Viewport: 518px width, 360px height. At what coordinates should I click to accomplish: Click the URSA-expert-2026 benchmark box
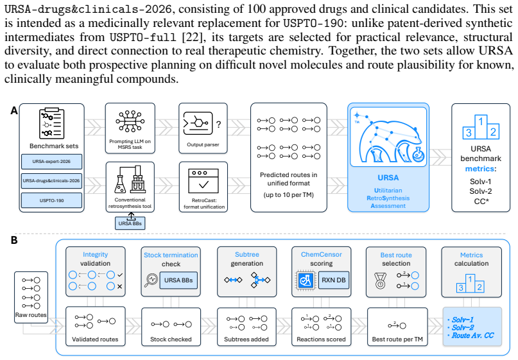[51, 162]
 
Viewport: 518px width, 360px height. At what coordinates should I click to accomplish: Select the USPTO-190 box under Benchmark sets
[51, 200]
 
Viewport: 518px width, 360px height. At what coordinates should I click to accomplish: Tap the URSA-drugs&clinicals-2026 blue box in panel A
[51, 181]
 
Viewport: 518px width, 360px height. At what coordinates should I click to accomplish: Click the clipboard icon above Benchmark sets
[51, 123]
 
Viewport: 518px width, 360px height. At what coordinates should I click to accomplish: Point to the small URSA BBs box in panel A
[130, 223]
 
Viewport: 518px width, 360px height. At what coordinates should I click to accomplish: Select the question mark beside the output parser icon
[218, 124]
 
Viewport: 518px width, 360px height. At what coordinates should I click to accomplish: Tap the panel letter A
[14, 110]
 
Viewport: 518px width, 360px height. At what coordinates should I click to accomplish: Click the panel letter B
[14, 240]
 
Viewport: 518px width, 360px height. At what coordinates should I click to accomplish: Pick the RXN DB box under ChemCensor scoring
[334, 280]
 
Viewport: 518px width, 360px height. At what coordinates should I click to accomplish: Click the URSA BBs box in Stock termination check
[178, 280]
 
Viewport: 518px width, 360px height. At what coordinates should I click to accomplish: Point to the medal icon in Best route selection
[381, 280]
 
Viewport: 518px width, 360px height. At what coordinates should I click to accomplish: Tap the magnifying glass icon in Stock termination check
[151, 280]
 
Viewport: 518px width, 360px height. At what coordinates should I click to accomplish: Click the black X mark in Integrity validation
[119, 286]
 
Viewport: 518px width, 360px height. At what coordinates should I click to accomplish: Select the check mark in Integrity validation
[119, 275]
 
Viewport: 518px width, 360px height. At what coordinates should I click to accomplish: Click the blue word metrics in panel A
[480, 169]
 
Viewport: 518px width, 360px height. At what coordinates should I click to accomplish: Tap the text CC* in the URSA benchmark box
[481, 201]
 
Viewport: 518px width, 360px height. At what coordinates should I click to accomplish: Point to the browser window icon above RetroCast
[203, 181]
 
